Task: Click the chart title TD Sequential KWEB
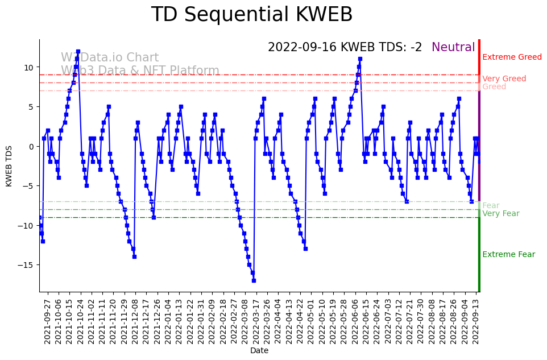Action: pyautogui.click(x=251, y=15)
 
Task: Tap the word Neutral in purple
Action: pyautogui.click(x=453, y=48)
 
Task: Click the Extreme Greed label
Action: pyautogui.click(x=512, y=57)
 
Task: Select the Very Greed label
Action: pyautogui.click(x=504, y=78)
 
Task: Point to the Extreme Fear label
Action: pyautogui.click(x=508, y=254)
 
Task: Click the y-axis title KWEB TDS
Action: pyautogui.click(x=9, y=165)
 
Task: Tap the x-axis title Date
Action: pyautogui.click(x=259, y=351)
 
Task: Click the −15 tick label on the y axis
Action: pyautogui.click(x=27, y=265)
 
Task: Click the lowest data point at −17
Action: pyautogui.click(x=254, y=280)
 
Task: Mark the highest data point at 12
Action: pyautogui.click(x=78, y=51)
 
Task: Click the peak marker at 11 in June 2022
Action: pyautogui.click(x=360, y=59)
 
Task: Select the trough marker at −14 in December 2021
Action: pyautogui.click(x=134, y=256)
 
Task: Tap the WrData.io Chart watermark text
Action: pyautogui.click(x=110, y=57)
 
